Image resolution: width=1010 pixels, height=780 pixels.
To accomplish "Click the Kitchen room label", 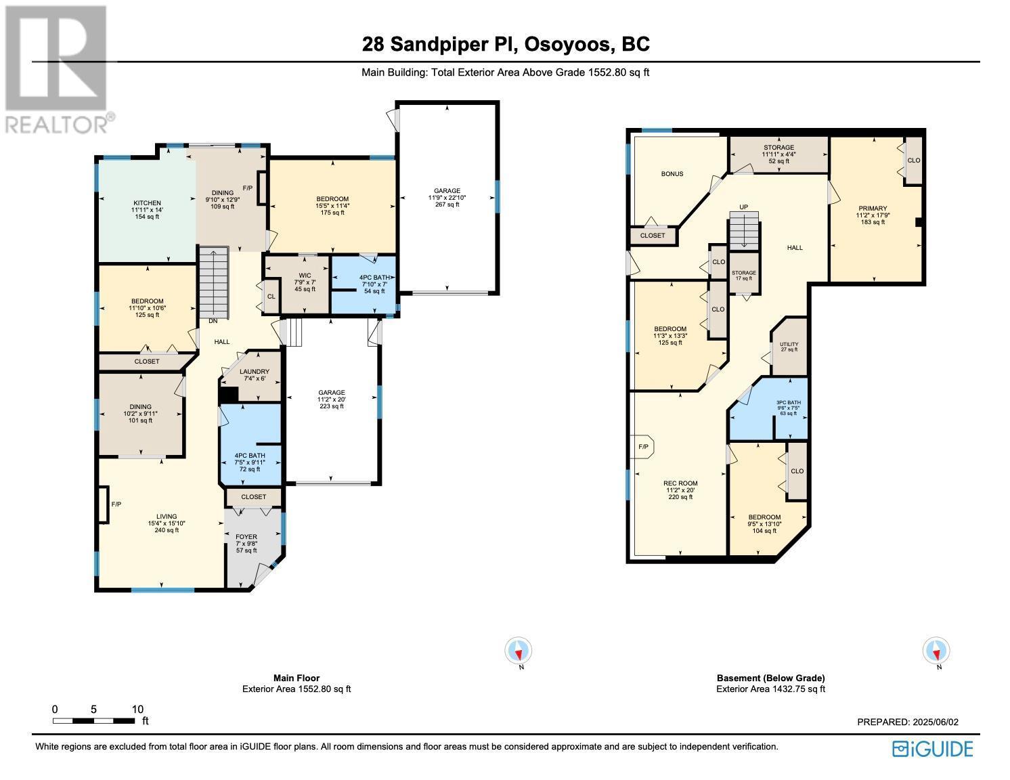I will [147, 203].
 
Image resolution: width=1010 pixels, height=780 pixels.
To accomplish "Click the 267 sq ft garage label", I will [447, 197].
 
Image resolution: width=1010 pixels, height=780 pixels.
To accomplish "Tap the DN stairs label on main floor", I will [213, 321].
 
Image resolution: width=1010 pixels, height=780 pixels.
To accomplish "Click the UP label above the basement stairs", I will [743, 207].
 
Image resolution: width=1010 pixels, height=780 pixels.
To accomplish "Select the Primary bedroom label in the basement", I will [873, 209].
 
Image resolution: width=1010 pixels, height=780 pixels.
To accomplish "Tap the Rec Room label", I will [680, 484].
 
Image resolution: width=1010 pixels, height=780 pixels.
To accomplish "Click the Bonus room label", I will [672, 174].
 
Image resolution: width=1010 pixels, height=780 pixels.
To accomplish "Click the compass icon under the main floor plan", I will [519, 651].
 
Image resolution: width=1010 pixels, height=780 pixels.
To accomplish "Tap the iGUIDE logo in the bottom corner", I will [932, 749].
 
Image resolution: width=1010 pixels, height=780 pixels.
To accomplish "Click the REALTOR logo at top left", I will [58, 68].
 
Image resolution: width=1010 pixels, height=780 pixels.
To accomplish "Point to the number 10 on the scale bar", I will [137, 709].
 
